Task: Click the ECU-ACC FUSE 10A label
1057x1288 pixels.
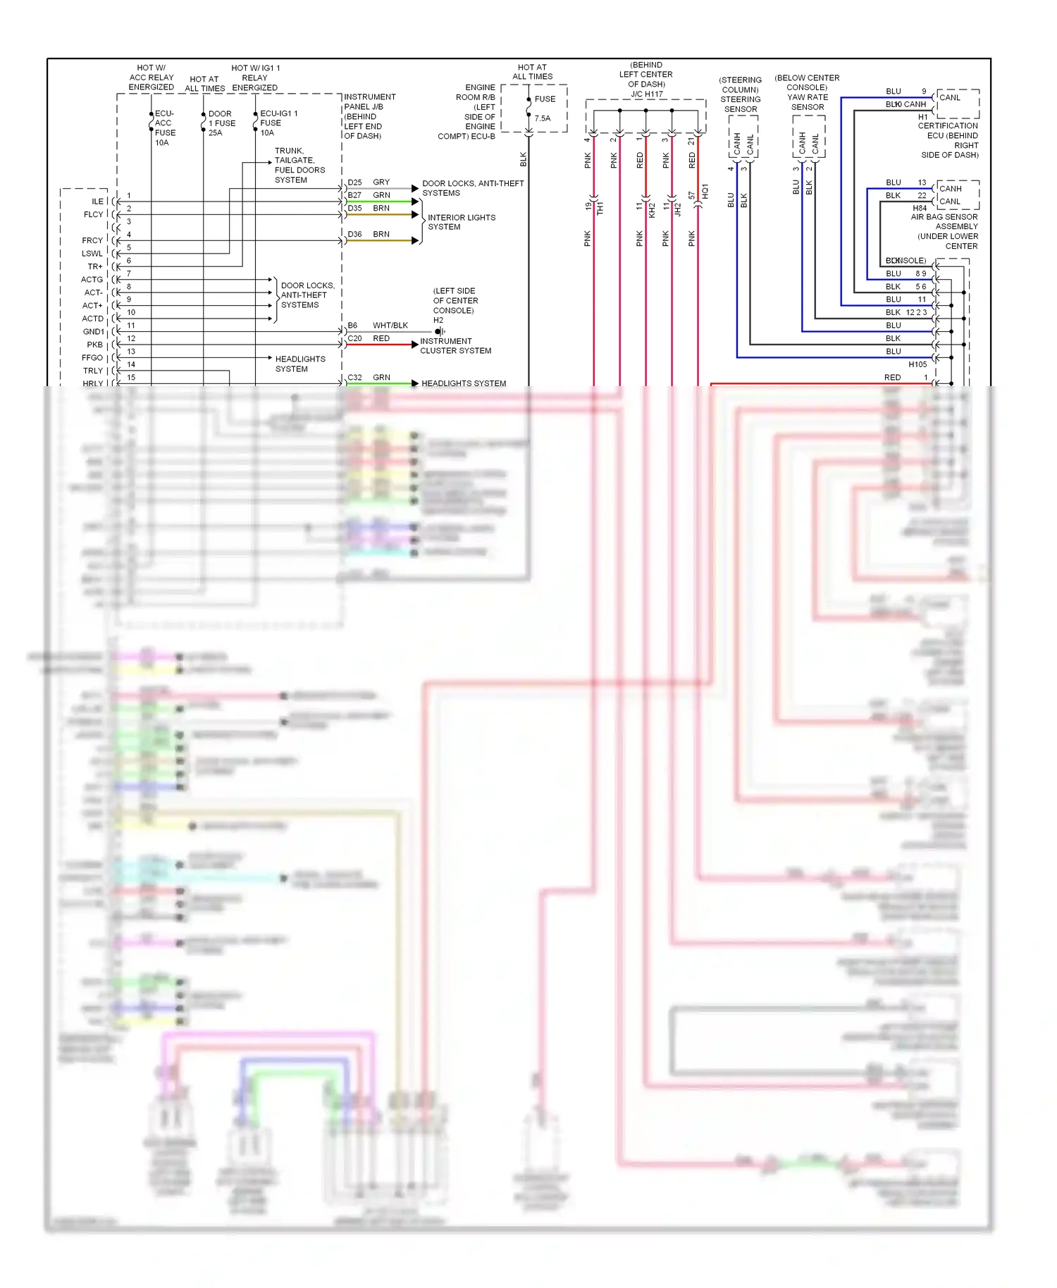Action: (164, 128)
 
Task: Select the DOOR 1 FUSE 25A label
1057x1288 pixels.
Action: (221, 123)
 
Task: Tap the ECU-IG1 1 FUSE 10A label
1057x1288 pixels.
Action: (277, 123)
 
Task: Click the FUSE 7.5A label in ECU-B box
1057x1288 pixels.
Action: (544, 109)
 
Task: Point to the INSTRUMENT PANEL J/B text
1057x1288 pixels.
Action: (369, 101)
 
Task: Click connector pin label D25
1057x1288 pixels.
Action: (354, 182)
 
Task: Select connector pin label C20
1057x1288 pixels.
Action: (354, 339)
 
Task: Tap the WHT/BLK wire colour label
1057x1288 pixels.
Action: (390, 326)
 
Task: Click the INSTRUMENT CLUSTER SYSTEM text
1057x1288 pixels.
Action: (455, 346)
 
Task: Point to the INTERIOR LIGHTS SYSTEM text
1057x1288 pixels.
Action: (461, 223)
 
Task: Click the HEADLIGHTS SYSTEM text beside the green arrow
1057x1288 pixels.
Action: (464, 384)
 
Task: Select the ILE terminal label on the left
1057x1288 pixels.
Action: (97, 202)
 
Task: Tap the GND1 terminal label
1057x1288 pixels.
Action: (93, 332)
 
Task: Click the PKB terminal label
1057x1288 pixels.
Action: (94, 345)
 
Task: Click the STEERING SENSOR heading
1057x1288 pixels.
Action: (740, 104)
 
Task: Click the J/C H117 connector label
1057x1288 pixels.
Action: (646, 94)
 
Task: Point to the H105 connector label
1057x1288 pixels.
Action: (917, 365)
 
